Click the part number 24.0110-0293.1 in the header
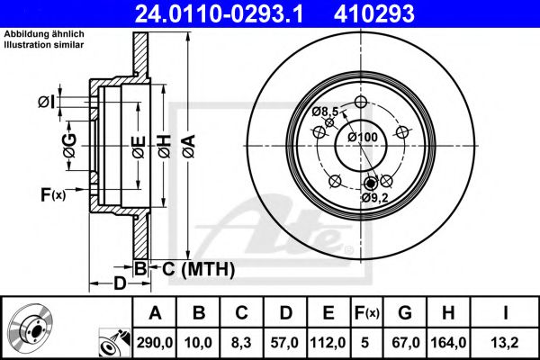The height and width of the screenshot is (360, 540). click(x=219, y=13)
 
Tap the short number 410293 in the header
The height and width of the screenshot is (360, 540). click(x=374, y=13)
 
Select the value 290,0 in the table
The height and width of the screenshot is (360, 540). click(x=154, y=343)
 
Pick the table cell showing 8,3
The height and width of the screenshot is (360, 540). click(x=241, y=343)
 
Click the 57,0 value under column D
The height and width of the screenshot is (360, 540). click(x=284, y=343)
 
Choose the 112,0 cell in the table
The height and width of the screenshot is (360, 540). click(x=328, y=343)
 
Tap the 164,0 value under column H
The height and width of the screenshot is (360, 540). click(x=448, y=343)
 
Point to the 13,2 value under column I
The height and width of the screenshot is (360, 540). click(x=505, y=343)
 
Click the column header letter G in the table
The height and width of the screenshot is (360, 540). click(x=405, y=313)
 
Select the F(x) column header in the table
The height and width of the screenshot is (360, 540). click(x=366, y=313)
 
